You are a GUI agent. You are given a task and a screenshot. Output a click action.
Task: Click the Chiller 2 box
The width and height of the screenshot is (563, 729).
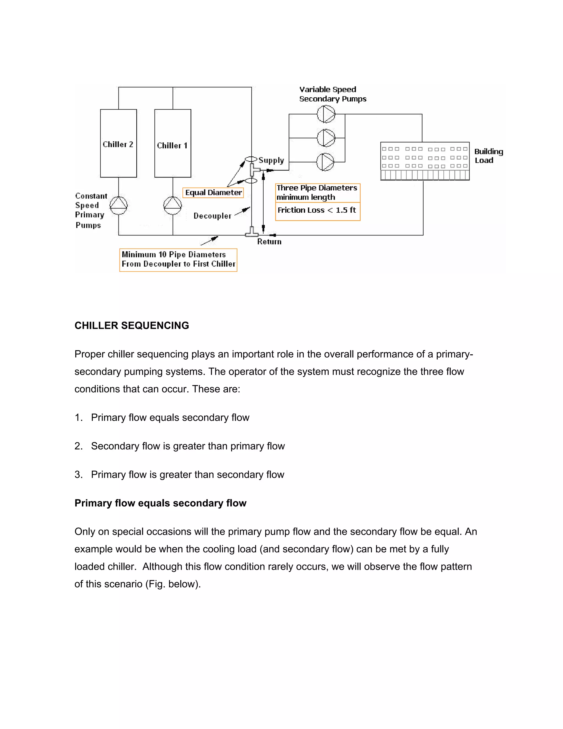(118, 143)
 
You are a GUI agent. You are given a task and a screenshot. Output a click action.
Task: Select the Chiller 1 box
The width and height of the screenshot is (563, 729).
(172, 143)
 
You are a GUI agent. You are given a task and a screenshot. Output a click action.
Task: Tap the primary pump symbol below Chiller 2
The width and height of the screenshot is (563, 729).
(118, 205)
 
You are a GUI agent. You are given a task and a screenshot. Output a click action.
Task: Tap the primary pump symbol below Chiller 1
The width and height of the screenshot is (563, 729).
(172, 205)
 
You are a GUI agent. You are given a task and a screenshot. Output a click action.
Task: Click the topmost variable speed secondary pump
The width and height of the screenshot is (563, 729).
(325, 114)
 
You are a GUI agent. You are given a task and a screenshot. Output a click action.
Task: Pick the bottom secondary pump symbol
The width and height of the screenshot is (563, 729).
(325, 162)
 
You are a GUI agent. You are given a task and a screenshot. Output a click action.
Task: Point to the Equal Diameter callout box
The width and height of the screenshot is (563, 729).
(213, 193)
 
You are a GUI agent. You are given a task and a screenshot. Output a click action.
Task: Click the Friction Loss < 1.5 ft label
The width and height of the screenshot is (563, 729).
(317, 210)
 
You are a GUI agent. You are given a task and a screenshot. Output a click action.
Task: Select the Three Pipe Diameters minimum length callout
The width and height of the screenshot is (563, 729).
(317, 193)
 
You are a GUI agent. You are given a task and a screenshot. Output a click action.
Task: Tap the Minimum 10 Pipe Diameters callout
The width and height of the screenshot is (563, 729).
(178, 259)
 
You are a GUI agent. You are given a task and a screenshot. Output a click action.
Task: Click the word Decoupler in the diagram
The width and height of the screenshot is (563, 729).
(212, 216)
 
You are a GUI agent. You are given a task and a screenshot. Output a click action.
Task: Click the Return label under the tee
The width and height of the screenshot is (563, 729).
(269, 242)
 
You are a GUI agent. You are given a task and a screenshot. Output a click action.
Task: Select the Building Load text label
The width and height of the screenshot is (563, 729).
(488, 156)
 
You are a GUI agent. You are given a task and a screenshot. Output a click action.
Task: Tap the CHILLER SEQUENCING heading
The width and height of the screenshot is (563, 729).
(132, 325)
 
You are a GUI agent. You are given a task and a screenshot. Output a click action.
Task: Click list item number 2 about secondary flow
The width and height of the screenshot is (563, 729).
(187, 446)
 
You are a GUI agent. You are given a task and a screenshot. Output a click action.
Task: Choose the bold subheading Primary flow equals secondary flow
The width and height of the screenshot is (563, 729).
(160, 503)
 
